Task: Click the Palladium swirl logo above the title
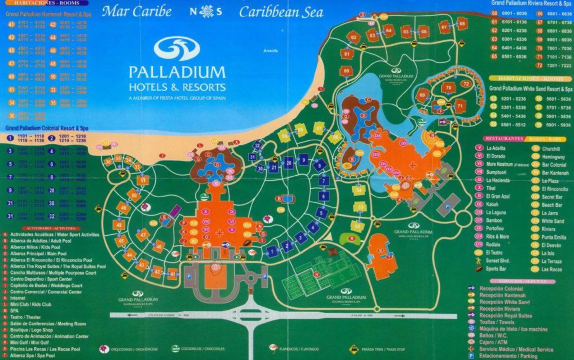[176, 48]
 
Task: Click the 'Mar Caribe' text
[136, 11]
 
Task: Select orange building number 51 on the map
[144, 180]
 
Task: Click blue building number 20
[289, 162]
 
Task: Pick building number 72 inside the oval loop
[466, 83]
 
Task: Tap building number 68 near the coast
[462, 23]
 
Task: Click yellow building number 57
[319, 128]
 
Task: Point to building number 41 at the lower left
[173, 274]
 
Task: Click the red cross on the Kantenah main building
[219, 232]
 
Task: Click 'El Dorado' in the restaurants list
[495, 156]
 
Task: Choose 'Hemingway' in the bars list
[553, 156]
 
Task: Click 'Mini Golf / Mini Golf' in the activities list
[33, 343]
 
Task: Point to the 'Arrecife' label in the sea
[270, 51]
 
